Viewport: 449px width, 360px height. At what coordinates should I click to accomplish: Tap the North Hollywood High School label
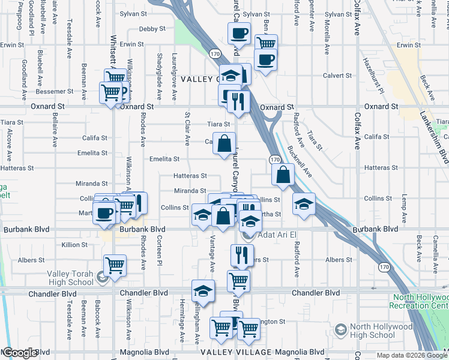pyautogui.click(x=381, y=331)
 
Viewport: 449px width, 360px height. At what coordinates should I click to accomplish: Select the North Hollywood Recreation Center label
pyautogui.click(x=420, y=302)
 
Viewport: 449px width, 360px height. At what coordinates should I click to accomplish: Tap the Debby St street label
pyautogui.click(x=152, y=29)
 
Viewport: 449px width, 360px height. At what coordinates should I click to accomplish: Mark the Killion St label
pyautogui.click(x=74, y=245)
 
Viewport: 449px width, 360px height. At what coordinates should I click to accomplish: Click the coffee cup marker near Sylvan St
pyautogui.click(x=240, y=33)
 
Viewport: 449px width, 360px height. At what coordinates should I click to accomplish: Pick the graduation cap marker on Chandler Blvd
pyautogui.click(x=203, y=291)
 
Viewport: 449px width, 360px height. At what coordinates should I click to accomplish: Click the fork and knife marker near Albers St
pyautogui.click(x=243, y=255)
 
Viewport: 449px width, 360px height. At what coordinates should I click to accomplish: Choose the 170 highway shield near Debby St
pyautogui.click(x=215, y=54)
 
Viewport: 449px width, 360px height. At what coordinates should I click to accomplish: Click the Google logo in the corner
pyautogui.click(x=20, y=353)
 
